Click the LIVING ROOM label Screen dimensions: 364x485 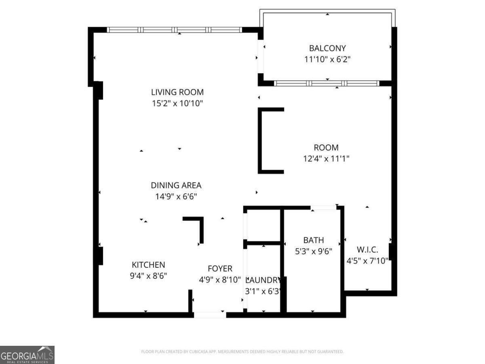coord(177,92)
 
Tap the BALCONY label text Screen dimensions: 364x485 coord(327,49)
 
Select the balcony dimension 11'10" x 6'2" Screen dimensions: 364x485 coord(327,59)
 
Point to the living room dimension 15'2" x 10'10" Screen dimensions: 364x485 coord(177,104)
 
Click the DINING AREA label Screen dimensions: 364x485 coord(176,186)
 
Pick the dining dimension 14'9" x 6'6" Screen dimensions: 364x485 coord(176,197)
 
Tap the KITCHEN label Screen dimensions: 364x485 coord(148,265)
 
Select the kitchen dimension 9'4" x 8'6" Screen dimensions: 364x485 coord(148,276)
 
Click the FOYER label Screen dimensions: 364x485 coord(220,269)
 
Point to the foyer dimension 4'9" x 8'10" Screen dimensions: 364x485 coord(220,279)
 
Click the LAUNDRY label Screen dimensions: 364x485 coord(263,280)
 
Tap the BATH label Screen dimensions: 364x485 coord(314,240)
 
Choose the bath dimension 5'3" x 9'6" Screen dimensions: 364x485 coord(314,251)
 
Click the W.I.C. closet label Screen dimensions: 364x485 coord(367,250)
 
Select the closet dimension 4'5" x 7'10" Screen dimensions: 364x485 coord(367,260)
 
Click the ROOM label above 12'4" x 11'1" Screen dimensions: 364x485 coord(326,148)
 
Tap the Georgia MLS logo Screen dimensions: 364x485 coord(27,355)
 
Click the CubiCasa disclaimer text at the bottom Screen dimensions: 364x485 coord(242,352)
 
